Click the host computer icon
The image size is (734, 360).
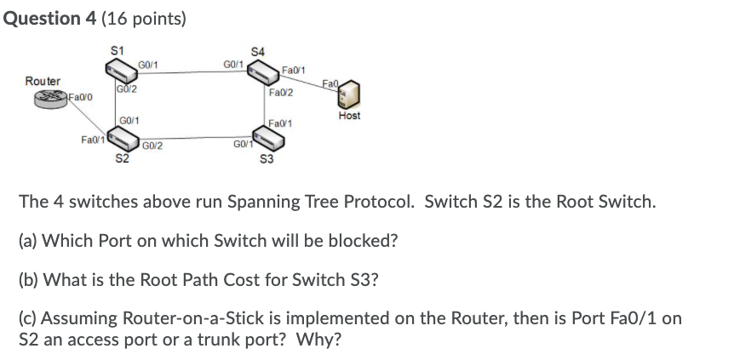[x=349, y=94]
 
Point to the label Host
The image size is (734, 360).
[x=349, y=116]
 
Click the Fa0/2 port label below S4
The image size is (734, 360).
[x=280, y=92]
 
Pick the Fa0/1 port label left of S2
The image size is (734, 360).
[x=92, y=139]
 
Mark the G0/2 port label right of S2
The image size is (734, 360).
[x=153, y=146]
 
